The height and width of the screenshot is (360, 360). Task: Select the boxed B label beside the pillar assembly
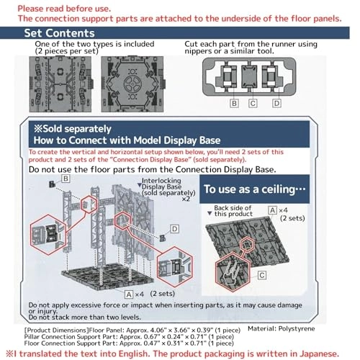(x=66, y=178)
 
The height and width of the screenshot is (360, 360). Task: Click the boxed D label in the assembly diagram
(x=174, y=229)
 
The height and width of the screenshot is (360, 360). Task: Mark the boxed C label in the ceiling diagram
(x=262, y=275)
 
